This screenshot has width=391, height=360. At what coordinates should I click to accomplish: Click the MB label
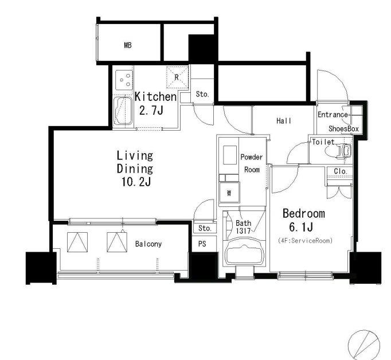pos(128,45)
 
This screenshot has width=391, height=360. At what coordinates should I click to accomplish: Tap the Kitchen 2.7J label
pos(155,103)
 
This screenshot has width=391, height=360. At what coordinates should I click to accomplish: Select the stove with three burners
pos(124,80)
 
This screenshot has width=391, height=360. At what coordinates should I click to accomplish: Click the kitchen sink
pos(123,111)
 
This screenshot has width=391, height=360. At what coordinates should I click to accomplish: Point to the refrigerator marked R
pos(177,77)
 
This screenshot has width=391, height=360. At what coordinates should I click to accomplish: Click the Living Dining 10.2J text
pos(135,169)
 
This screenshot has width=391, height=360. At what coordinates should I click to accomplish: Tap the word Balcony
pos(148,244)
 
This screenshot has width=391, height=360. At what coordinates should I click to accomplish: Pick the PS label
pos(202,244)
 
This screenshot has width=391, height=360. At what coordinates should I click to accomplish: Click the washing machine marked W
pos(229,193)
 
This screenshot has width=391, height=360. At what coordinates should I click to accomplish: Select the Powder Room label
pos(251,163)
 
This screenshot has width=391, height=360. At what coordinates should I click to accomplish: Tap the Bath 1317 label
pos(243,227)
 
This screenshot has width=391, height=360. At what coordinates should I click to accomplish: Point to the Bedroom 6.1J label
pos(303,220)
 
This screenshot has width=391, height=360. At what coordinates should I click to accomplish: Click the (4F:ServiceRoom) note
pos(305,241)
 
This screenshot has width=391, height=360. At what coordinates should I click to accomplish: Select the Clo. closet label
pos(341,171)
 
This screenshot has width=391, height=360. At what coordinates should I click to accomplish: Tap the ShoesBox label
pos(343,128)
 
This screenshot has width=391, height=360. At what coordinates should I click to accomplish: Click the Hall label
pos(284,121)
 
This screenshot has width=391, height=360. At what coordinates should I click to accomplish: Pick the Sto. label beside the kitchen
pos(202,94)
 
